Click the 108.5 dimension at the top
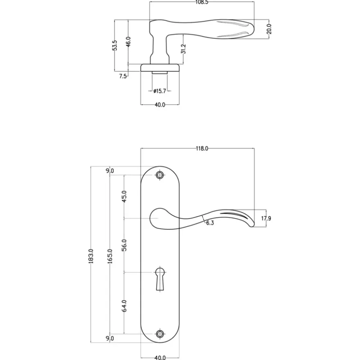click(202, 2)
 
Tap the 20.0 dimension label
click(269, 29)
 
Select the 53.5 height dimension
click(115, 45)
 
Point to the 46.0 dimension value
click(128, 42)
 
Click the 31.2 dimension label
click(183, 49)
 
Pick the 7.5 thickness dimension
click(123, 76)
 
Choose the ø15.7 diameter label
click(160, 91)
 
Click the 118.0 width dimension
click(202, 148)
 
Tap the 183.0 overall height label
click(91, 256)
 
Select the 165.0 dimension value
click(110, 256)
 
